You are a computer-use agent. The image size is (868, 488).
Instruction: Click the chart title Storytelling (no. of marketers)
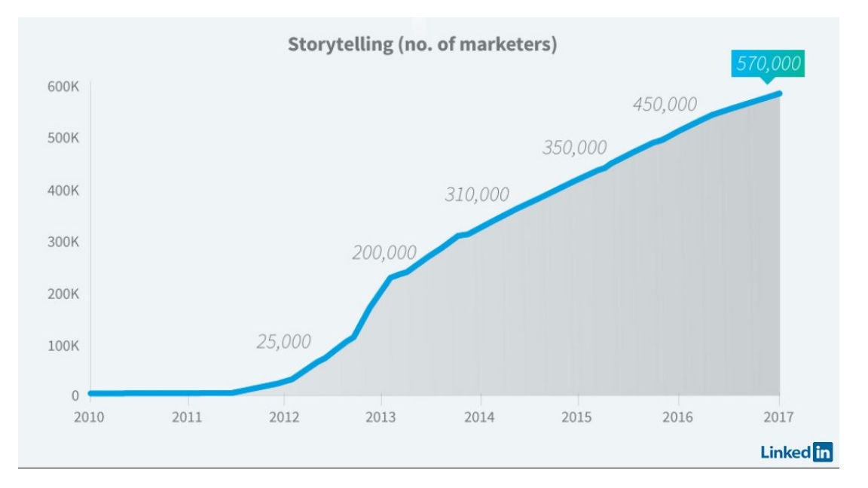click(422, 44)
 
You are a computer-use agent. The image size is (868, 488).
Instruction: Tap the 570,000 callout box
click(768, 64)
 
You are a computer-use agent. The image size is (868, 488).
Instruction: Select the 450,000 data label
click(665, 104)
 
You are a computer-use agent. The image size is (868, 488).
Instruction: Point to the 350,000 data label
click(574, 148)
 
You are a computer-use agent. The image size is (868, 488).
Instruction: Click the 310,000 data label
click(477, 194)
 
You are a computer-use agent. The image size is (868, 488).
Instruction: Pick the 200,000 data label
click(384, 253)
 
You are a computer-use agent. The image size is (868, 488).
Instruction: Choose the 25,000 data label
click(283, 341)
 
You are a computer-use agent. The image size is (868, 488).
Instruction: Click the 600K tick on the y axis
click(64, 87)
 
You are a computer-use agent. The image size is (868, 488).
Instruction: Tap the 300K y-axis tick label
click(64, 242)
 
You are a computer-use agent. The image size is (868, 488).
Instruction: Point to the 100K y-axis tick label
click(64, 346)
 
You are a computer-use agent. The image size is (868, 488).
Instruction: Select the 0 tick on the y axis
click(75, 395)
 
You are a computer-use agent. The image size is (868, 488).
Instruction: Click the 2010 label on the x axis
click(89, 417)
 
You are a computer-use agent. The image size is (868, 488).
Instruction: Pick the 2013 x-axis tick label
click(381, 417)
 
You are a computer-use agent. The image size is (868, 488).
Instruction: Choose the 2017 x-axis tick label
click(778, 417)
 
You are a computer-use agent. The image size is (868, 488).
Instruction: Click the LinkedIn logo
click(796, 452)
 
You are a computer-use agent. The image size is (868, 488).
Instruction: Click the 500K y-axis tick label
click(64, 139)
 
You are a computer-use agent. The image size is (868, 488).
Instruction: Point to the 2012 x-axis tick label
click(284, 417)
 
